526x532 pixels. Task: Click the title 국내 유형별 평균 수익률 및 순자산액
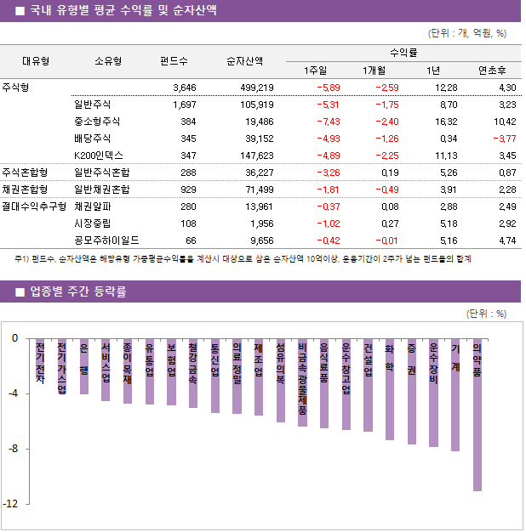point(123,11)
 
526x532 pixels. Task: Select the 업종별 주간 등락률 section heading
point(78,291)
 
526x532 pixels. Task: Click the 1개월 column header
point(374,71)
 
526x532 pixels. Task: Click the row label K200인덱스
point(99,156)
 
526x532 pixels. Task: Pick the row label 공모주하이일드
point(106,241)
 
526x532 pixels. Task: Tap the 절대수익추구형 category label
point(33,207)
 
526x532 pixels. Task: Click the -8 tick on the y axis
point(14,449)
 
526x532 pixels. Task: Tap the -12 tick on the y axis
point(12,504)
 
